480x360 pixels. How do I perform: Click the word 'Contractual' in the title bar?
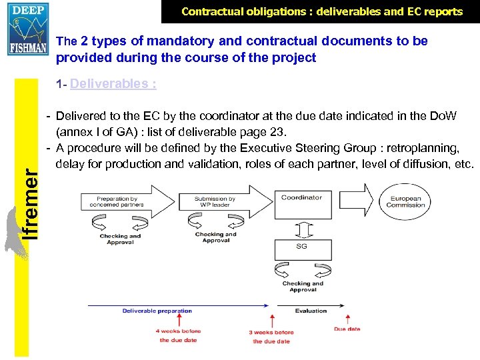(x=212, y=11)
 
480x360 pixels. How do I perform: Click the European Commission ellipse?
(x=405, y=201)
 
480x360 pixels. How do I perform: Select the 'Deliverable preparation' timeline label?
(x=157, y=311)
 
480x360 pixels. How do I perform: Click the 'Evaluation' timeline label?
(x=311, y=311)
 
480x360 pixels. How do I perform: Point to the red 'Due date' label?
(x=347, y=329)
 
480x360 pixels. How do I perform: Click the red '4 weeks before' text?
(x=178, y=331)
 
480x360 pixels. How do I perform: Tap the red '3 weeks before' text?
(x=271, y=332)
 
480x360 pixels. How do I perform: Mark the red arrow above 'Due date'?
(x=347, y=317)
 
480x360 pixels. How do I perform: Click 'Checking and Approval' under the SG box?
(x=303, y=287)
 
